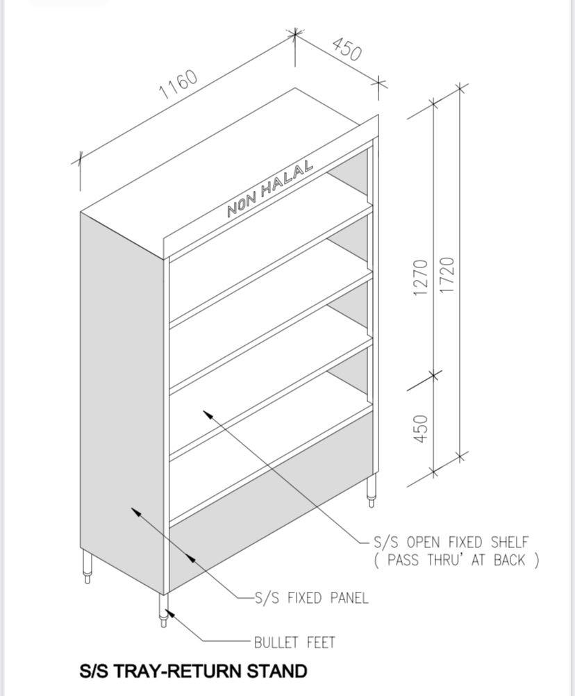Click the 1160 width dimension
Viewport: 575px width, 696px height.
click(179, 85)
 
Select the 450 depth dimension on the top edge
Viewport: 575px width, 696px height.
click(347, 49)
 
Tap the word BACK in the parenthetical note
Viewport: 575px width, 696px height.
click(510, 561)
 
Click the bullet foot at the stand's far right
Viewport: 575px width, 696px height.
click(372, 490)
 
